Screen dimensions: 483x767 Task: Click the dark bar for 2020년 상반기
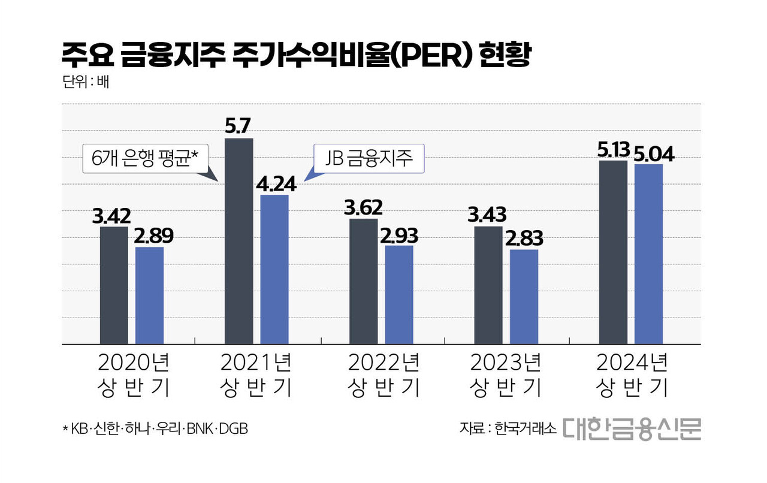[114, 286]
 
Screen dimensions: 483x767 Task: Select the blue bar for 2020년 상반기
[149, 296]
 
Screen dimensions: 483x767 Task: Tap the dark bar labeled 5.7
[238, 242]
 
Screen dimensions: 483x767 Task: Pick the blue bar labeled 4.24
[274, 270]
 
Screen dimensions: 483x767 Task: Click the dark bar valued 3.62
[363, 282]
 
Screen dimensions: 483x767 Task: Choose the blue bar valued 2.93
[399, 295]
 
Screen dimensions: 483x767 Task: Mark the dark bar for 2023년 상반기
[488, 285]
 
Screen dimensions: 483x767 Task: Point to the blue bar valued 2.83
[524, 297]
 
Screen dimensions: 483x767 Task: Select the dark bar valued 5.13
[613, 252]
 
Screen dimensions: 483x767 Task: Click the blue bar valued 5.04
[649, 254]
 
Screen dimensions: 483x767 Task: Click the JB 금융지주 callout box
[369, 159]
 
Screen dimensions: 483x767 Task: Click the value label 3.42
[111, 215]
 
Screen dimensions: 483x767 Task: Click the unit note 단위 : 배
[85, 81]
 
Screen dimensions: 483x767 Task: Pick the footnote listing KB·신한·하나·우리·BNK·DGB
[155, 429]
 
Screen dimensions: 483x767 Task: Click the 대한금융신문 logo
[632, 429]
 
